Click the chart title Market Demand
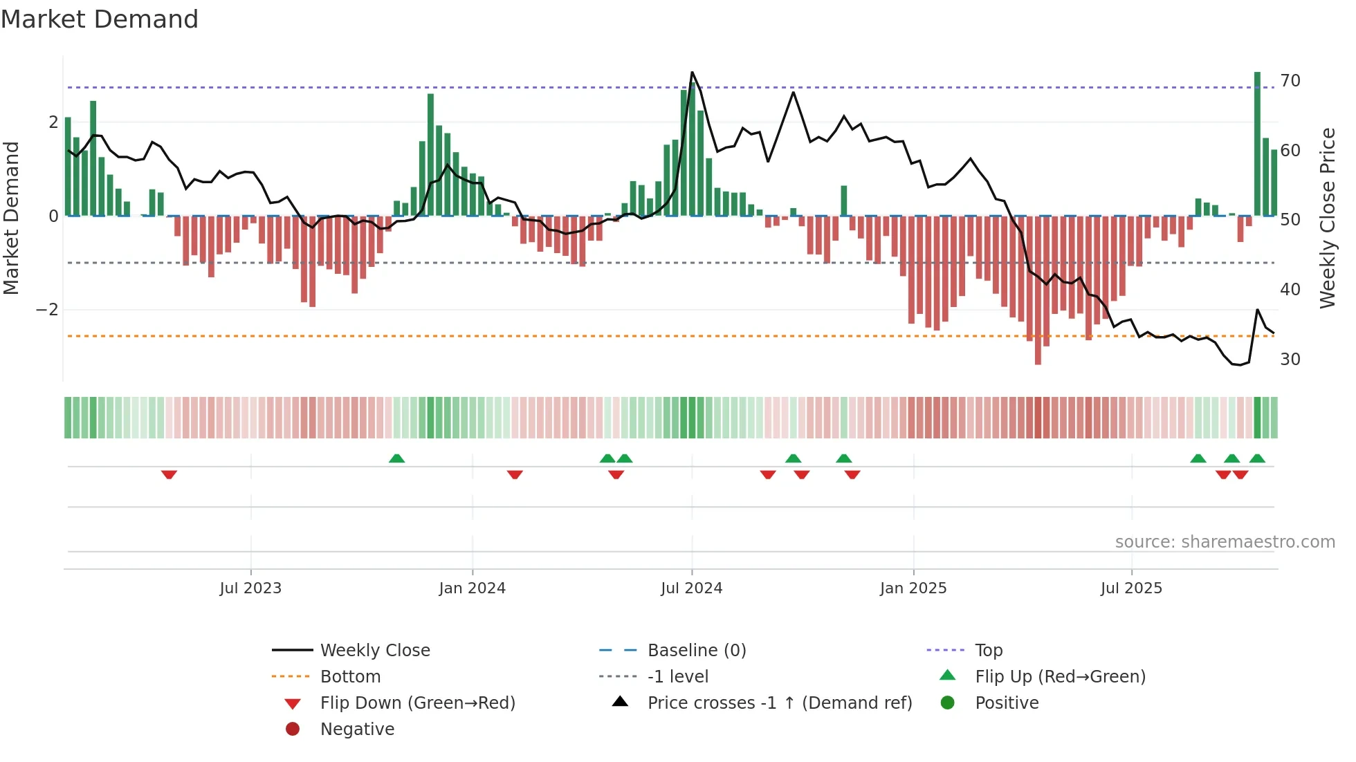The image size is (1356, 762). click(x=100, y=19)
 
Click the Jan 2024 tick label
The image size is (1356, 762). click(x=472, y=588)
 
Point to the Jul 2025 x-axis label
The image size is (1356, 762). click(x=1131, y=588)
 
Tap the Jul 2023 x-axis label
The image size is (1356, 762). click(x=250, y=588)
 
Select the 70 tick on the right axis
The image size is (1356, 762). click(x=1290, y=81)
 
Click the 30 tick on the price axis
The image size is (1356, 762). click(x=1290, y=360)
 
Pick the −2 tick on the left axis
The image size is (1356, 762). click(x=47, y=310)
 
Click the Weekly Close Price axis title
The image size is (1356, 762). click(x=1327, y=218)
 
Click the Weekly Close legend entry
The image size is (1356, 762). click(x=374, y=651)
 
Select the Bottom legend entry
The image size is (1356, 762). click(x=350, y=677)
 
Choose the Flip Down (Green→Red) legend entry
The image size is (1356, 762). click(x=417, y=703)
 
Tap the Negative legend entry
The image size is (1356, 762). click(x=357, y=730)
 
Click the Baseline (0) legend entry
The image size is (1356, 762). click(x=696, y=651)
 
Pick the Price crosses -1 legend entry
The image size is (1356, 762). click(x=779, y=703)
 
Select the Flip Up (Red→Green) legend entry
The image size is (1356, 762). click(x=1060, y=677)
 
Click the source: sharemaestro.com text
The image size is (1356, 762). click(x=1225, y=542)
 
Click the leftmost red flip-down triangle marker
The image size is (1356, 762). click(x=169, y=474)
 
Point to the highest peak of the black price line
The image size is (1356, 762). click(x=692, y=73)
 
